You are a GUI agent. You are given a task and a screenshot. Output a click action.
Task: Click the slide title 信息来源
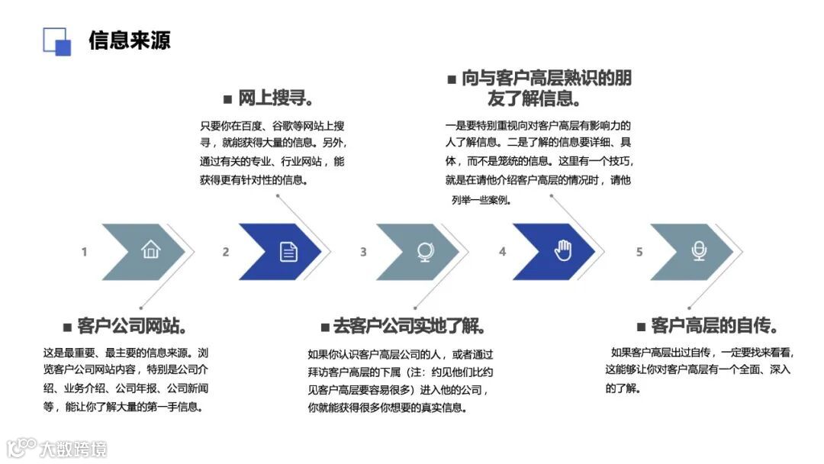tap(129, 40)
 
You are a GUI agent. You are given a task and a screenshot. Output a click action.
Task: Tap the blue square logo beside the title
tap(57, 41)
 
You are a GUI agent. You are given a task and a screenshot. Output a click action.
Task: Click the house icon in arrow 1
tap(150, 250)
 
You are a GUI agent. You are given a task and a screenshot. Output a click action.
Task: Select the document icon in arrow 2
tap(288, 251)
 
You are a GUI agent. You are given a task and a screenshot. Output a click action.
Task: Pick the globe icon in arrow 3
tap(425, 251)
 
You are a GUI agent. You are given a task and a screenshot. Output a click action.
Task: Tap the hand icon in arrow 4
tap(563, 250)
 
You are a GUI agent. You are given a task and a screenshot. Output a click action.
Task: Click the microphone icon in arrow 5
tap(699, 250)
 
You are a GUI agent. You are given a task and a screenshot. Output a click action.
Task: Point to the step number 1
tap(85, 252)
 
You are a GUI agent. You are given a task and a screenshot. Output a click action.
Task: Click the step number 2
tap(226, 252)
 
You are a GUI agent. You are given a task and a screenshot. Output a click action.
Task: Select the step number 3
tap(363, 252)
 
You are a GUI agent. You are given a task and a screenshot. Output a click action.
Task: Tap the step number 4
tap(502, 252)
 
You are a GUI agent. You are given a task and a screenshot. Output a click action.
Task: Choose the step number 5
tap(639, 252)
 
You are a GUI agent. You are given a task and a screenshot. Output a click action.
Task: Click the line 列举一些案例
tap(481, 201)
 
